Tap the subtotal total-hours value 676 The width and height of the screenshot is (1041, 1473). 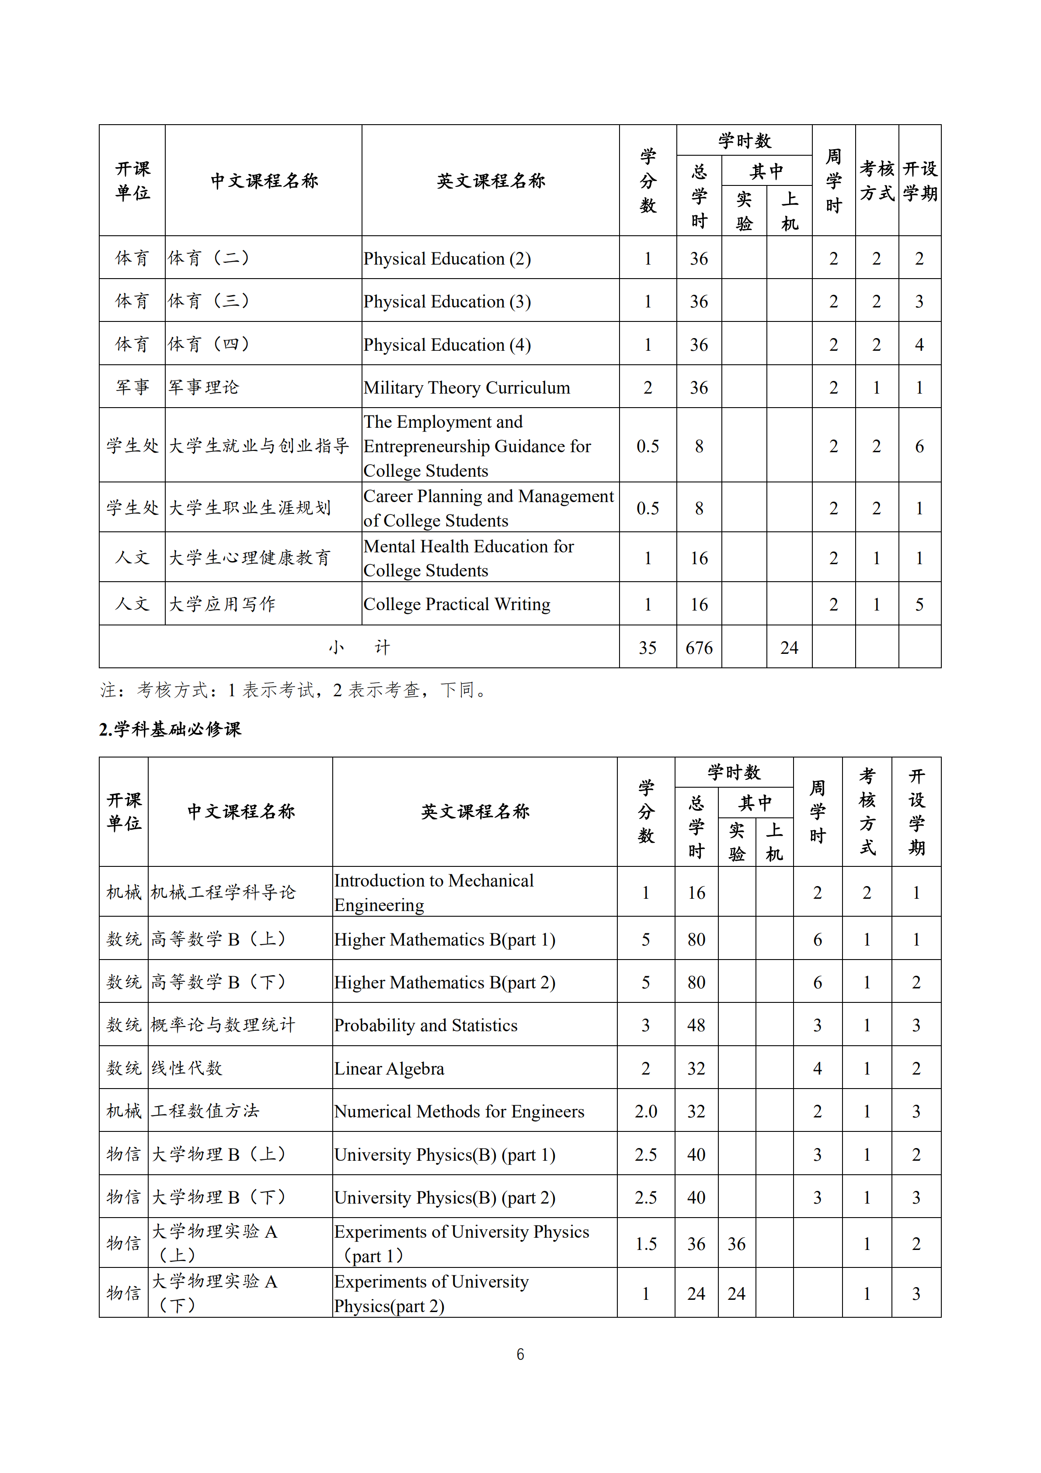[699, 647]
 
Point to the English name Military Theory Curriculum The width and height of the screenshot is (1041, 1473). [467, 387]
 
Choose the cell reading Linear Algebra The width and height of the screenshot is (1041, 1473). [389, 1068]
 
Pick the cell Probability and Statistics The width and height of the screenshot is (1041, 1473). [425, 1025]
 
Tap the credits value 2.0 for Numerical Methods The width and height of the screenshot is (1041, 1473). [645, 1111]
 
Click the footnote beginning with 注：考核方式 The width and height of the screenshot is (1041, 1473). [294, 690]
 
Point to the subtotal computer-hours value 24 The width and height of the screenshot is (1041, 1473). [789, 647]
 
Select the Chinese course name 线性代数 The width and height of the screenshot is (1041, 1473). [187, 1068]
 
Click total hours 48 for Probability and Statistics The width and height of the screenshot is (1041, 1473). [696, 1025]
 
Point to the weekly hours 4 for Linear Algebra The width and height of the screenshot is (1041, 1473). [817, 1068]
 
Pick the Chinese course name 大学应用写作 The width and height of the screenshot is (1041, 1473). [222, 604]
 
